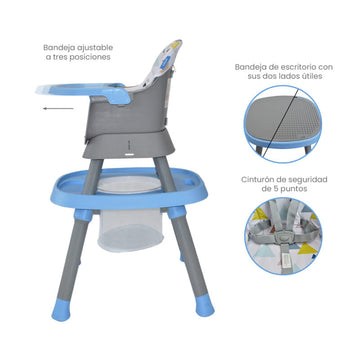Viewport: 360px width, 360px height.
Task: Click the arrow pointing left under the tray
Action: coord(58,108)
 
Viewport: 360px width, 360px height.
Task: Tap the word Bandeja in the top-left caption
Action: coord(56,48)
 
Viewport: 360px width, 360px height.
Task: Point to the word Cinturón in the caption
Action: coord(256,180)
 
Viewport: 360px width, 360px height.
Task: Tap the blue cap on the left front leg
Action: coord(61,311)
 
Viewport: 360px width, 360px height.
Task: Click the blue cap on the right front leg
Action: coord(204,308)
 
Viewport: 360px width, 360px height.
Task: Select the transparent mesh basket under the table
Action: coord(130,230)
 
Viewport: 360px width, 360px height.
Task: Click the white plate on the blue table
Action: coord(129,184)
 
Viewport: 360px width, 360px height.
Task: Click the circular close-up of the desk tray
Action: coord(283,124)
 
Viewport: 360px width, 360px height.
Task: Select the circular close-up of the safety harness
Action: coord(283,236)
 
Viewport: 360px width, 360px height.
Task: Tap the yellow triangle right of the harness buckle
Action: coord(308,249)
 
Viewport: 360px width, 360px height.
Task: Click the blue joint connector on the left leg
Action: coord(83,214)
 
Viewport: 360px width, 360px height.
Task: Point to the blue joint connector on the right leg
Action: coord(177,212)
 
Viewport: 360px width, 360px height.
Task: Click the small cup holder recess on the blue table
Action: coord(189,182)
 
